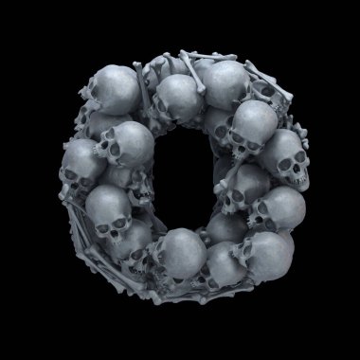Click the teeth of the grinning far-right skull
point(297,181)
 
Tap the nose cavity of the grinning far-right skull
point(297,169)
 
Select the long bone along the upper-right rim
point(268,81)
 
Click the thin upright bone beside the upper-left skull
point(143,87)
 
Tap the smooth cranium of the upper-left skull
point(119,88)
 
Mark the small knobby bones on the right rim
point(300,135)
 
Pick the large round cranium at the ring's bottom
point(184,253)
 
